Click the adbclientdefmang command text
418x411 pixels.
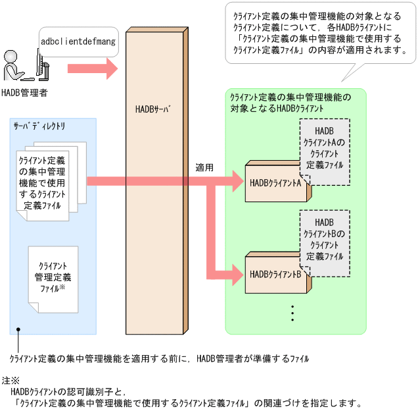(78, 41)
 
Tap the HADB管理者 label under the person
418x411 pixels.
(24, 93)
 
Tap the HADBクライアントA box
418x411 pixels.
(275, 184)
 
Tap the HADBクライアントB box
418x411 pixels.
(275, 274)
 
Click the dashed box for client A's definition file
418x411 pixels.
(325, 149)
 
